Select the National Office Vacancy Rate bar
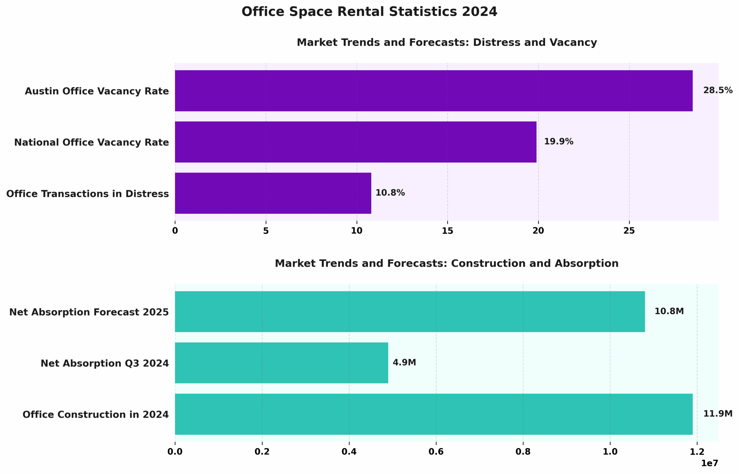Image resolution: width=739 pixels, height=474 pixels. coord(355,142)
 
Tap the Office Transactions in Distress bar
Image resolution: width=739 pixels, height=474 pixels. coord(273,193)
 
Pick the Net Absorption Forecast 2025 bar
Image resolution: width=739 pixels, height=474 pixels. coord(410,311)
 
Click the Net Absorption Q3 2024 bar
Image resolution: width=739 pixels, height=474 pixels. coord(281,363)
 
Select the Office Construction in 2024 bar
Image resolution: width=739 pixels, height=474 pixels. coord(434,414)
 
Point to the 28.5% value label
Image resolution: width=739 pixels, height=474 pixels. coord(717,90)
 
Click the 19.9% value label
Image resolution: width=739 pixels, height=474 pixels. coord(558,141)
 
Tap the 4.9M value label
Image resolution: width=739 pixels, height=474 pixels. coord(404,363)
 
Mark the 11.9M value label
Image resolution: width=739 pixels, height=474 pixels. coord(717,414)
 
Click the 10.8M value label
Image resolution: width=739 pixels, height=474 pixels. coord(669,311)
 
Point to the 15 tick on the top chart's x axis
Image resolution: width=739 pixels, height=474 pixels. coord(447,231)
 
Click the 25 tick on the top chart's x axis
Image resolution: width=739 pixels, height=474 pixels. coord(629,231)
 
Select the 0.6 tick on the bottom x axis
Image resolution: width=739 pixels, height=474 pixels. coord(436,452)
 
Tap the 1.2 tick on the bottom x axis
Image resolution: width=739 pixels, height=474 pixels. coord(697,452)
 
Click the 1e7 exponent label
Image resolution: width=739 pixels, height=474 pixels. coord(709,463)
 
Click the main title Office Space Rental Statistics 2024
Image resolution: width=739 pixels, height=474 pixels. coord(369,12)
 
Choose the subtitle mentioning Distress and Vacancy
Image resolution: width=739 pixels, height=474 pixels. coord(447,42)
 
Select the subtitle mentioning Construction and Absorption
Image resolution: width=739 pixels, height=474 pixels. coord(447,264)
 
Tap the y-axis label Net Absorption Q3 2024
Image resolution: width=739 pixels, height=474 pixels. coord(105,363)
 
